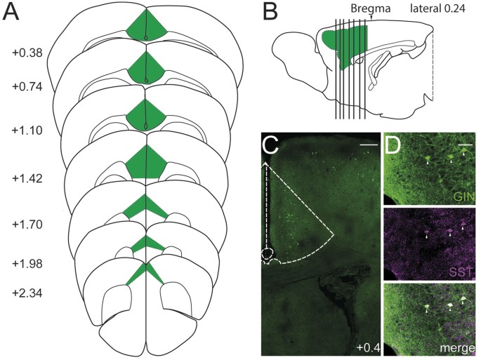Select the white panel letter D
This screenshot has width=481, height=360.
tap(393, 145)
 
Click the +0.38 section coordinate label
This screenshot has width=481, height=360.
tap(27, 53)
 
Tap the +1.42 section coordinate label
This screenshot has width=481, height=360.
tap(27, 178)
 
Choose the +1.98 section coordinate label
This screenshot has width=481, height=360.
tap(27, 263)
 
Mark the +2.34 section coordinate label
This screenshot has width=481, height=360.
tap(27, 293)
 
